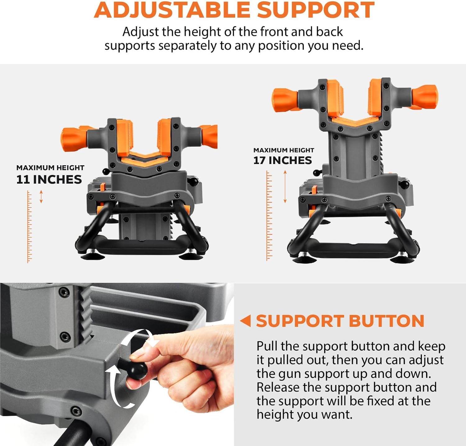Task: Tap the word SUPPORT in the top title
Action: tap(316, 10)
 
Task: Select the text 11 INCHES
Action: tap(49, 180)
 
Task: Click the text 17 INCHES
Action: tap(282, 160)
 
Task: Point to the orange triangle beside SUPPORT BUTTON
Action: tap(246, 321)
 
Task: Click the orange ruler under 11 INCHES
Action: tap(29, 227)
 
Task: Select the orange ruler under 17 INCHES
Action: tap(269, 215)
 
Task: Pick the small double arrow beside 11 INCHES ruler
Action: tap(41, 197)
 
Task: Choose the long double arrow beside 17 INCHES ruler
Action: tap(285, 187)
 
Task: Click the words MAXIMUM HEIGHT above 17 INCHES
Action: tap(284, 150)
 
